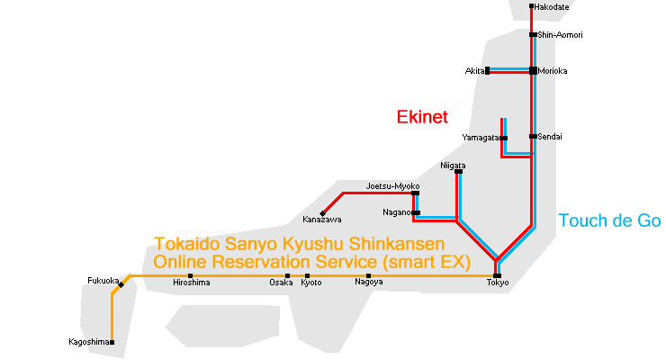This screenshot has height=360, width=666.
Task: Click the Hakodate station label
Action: coord(551,7)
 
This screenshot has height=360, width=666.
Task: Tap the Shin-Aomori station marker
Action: coord(534,35)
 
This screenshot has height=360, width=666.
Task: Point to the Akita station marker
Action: coord(487,70)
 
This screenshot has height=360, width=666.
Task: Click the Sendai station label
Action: coord(552,136)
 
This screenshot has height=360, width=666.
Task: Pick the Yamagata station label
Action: coord(480,138)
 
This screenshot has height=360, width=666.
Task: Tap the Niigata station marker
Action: coord(458,172)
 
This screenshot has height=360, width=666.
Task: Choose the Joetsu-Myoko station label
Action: coord(386,186)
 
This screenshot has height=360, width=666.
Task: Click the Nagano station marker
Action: coord(415,213)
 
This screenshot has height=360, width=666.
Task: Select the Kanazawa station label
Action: coord(321,220)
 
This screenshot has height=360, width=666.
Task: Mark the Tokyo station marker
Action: coord(497,274)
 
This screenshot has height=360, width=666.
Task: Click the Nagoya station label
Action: coord(368,283)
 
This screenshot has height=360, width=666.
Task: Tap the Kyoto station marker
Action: coord(307,275)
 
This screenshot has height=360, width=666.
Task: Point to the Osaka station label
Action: coord(281,283)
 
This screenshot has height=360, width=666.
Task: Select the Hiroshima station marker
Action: coord(190,275)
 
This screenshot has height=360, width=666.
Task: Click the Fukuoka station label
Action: coord(103,280)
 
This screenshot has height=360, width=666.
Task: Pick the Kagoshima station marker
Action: coord(112,342)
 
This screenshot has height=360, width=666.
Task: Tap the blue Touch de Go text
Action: coord(609,220)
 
